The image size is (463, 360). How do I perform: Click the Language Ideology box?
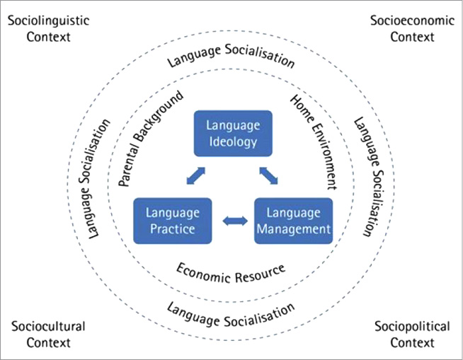coord(232,133)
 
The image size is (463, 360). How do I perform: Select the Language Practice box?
coord(172,220)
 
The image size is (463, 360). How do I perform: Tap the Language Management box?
coord(293,220)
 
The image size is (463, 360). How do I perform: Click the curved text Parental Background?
coord(150,138)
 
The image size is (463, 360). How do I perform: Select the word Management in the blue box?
coord(293,229)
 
